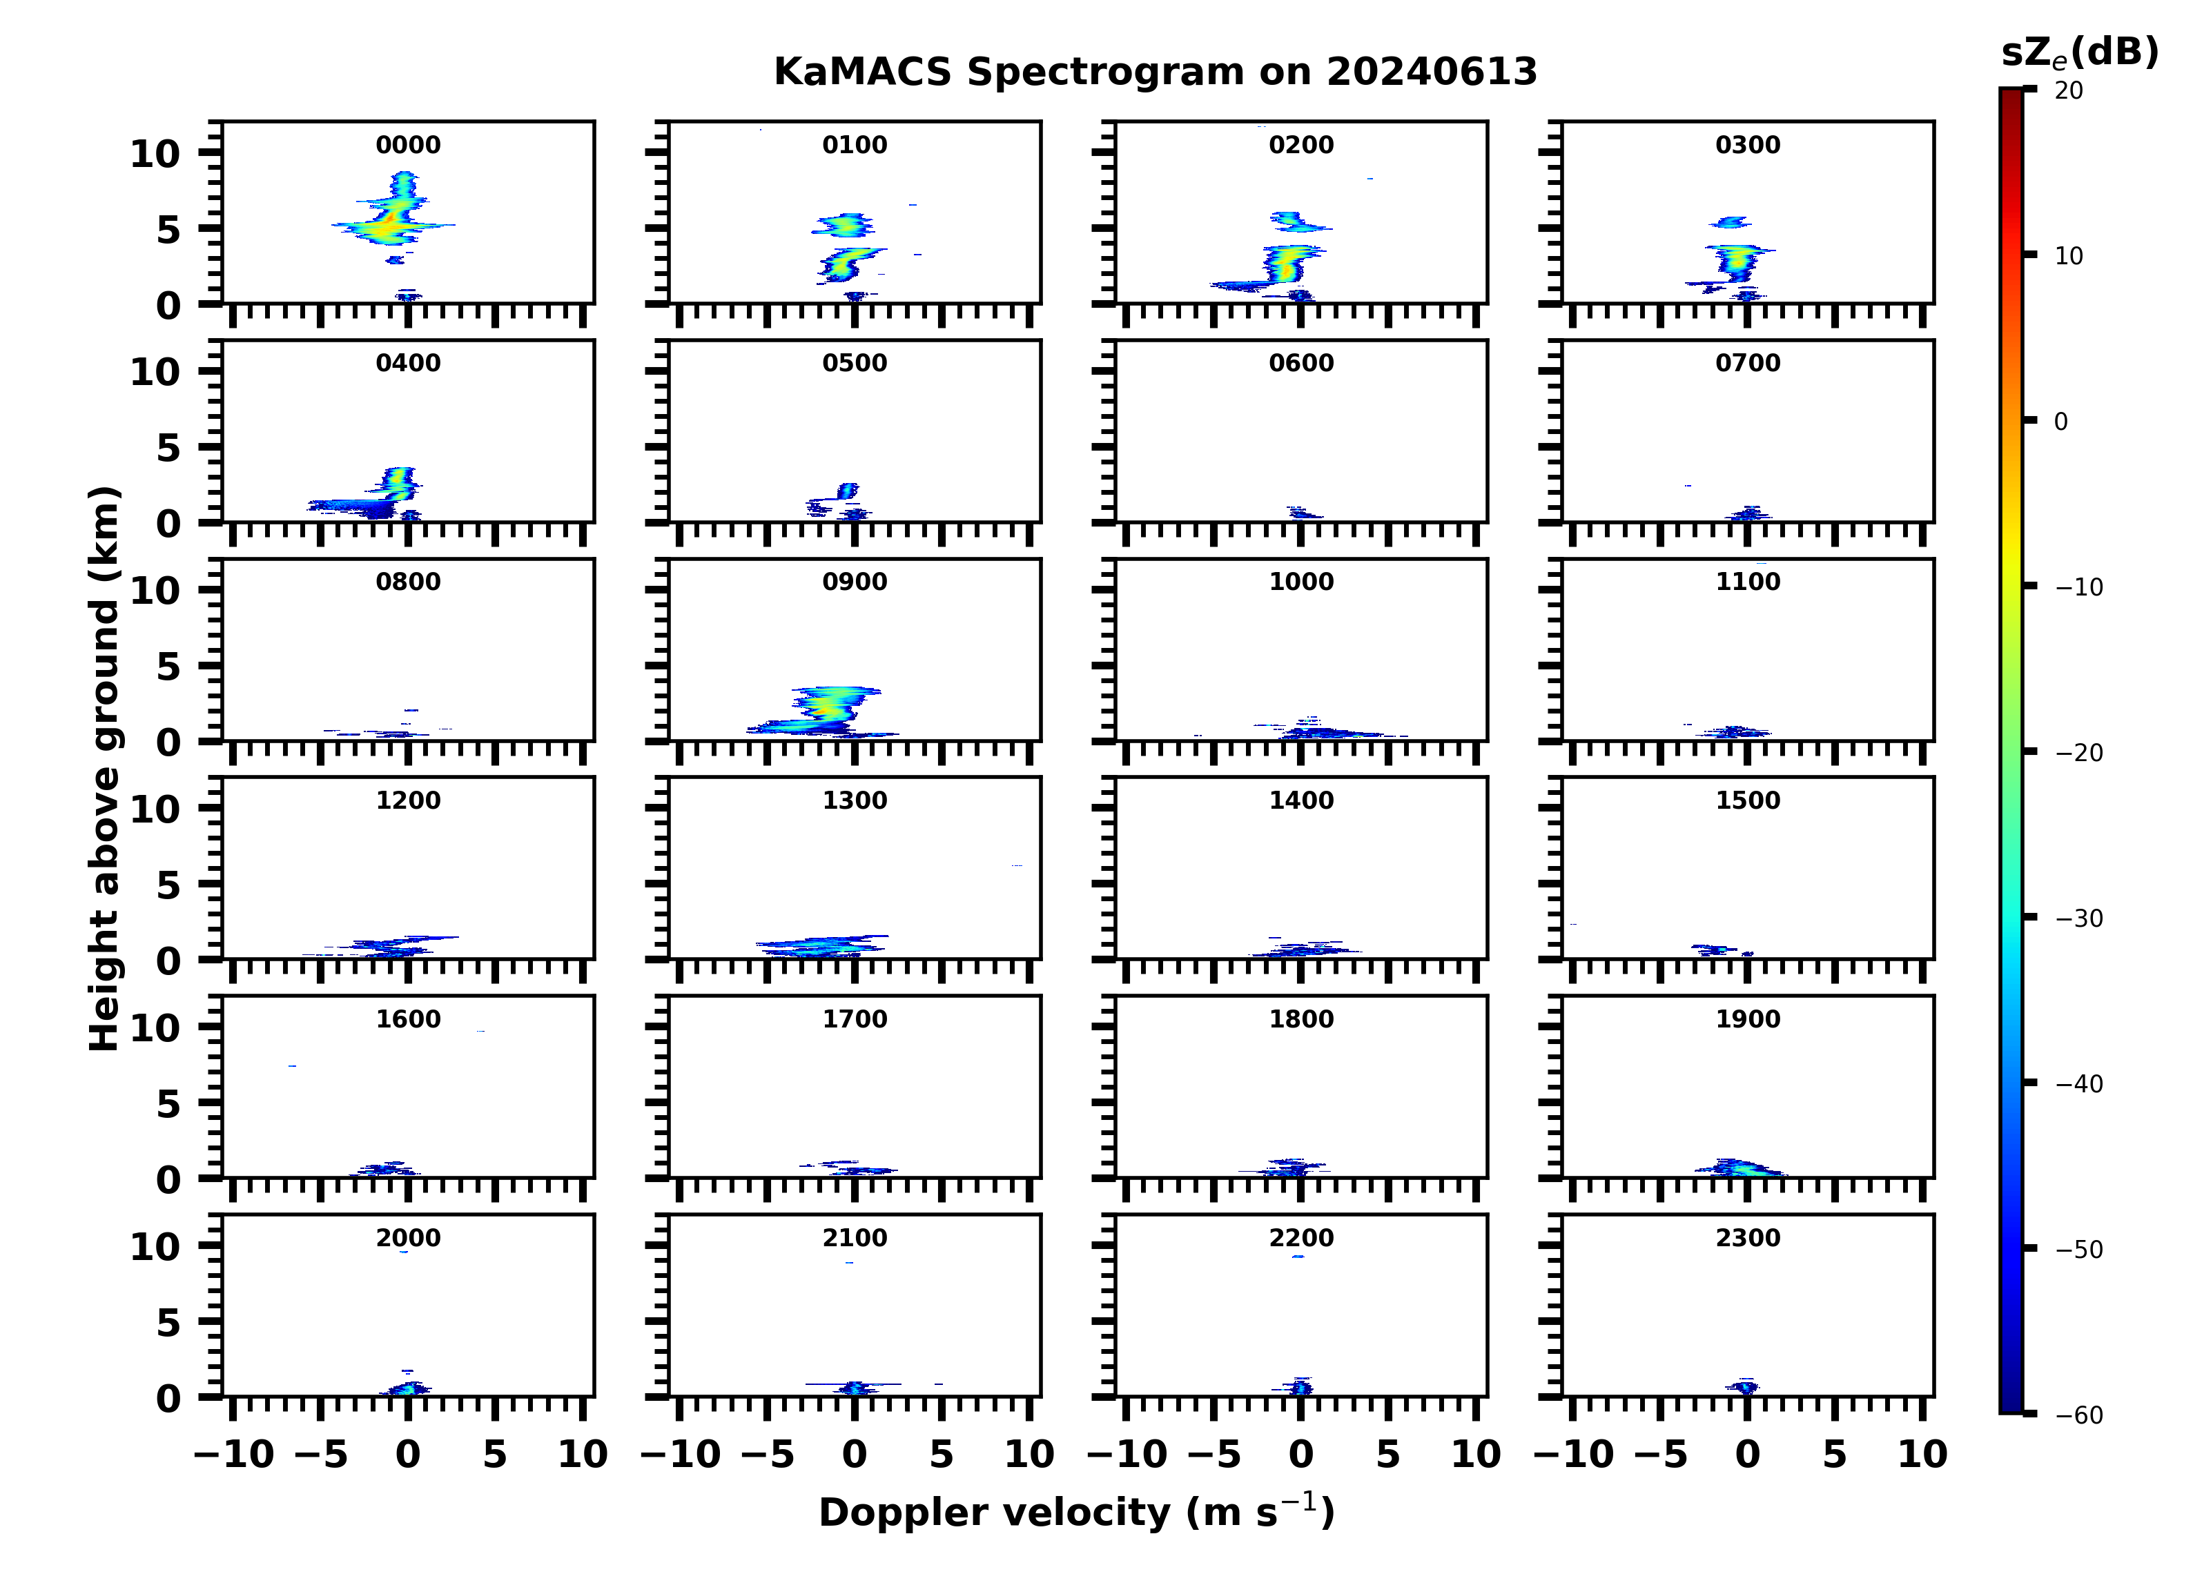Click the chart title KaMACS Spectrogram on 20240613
tap(1155, 72)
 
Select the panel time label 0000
tap(408, 145)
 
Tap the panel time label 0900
tap(855, 582)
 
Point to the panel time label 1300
tap(855, 800)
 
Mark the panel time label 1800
tap(1300, 1019)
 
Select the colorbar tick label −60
tap(2078, 1415)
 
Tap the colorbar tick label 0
tap(2060, 422)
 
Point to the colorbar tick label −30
tap(2078, 918)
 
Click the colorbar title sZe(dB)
tap(2079, 53)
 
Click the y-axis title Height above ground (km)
tap(104, 769)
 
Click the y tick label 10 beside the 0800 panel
tap(155, 591)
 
